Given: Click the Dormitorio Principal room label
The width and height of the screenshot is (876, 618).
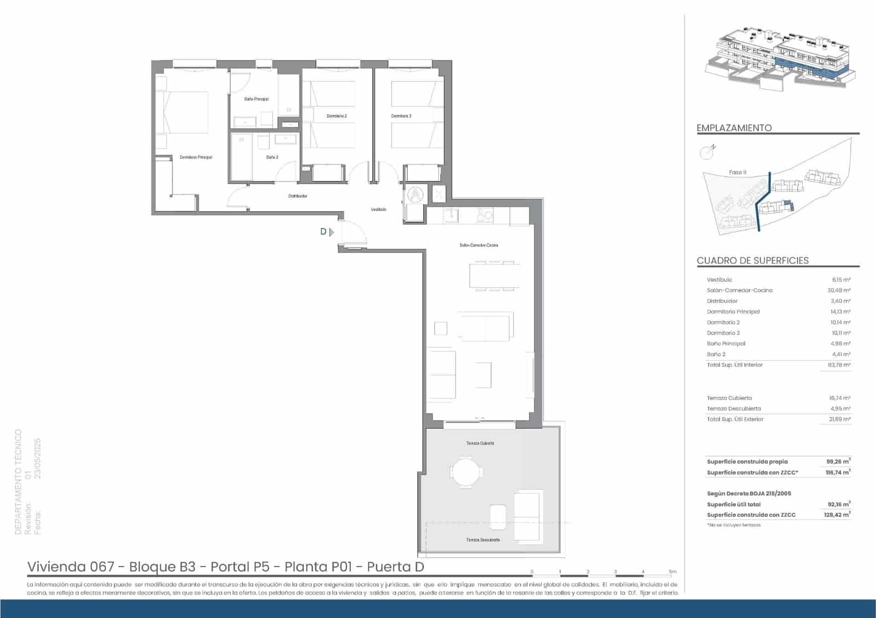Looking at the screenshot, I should (195, 158).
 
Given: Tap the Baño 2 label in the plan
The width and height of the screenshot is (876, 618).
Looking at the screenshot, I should (272, 158).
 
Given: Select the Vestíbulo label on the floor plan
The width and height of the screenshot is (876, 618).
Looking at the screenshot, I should (378, 209).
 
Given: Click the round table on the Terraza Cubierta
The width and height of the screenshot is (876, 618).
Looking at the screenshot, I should (466, 471).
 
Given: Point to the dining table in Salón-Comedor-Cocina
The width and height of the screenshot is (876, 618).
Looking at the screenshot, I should (494, 276).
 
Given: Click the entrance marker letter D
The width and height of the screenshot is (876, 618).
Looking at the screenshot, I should (323, 232).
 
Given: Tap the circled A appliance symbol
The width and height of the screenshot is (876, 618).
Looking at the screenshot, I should (416, 194).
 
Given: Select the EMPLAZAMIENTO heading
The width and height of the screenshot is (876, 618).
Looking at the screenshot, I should (734, 128).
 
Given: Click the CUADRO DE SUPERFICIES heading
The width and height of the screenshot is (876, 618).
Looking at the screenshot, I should (752, 261).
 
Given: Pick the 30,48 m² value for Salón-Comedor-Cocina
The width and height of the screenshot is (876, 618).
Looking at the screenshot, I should (838, 290).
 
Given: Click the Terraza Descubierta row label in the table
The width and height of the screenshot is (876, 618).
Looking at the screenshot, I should (734, 409).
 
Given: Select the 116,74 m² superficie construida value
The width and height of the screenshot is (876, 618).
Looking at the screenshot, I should (838, 473).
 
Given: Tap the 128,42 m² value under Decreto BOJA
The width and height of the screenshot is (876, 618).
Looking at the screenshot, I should (838, 515).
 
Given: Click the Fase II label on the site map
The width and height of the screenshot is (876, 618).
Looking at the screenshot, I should (737, 172).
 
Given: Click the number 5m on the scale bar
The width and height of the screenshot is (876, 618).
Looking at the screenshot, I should (672, 572).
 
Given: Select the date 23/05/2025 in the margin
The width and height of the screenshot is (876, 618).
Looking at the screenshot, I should (38, 458).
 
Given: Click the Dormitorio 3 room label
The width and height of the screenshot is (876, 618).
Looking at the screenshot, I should (401, 116).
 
